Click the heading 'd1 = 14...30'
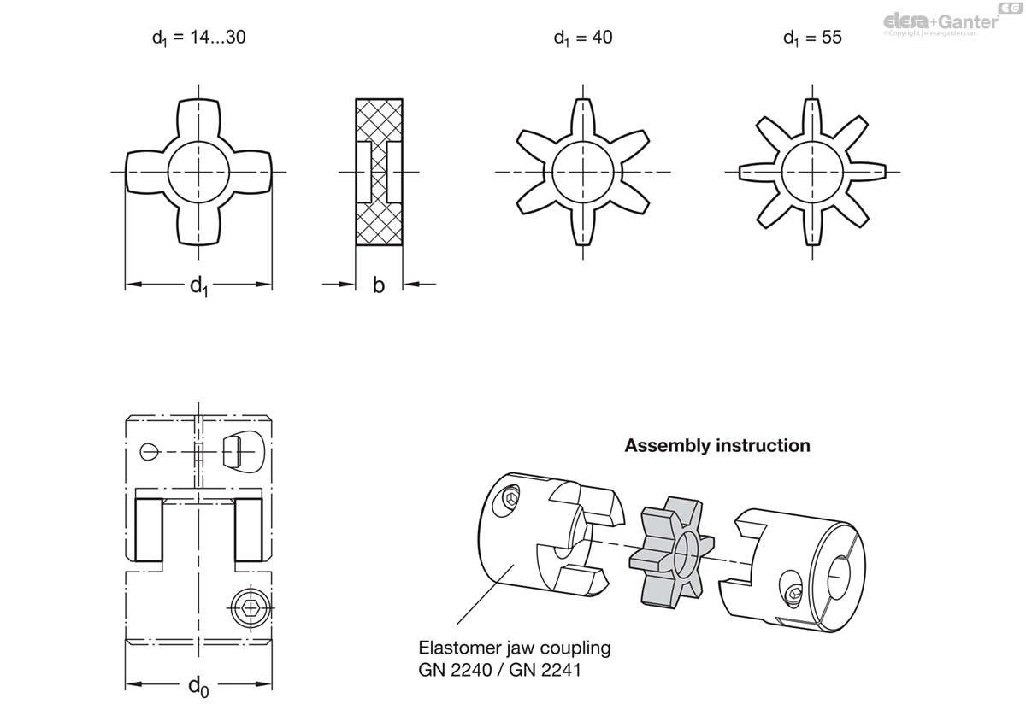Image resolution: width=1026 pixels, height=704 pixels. point(198,38)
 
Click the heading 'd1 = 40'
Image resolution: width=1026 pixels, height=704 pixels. point(582,38)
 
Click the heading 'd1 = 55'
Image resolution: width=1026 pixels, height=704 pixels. point(812,38)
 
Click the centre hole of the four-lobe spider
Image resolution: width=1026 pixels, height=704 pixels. point(199,171)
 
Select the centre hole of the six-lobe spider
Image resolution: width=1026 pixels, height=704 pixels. point(582,171)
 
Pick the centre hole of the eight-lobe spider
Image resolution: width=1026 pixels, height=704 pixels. point(811,171)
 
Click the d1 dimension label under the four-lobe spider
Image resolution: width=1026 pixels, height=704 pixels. point(198,286)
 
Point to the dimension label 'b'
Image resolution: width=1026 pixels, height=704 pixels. point(379,285)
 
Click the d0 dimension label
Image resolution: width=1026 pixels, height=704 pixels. point(198,685)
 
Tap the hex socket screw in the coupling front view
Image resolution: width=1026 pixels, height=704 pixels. point(250,607)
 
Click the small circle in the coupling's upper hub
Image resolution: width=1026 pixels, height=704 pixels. point(148,451)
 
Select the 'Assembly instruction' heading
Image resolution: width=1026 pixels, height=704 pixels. point(717,445)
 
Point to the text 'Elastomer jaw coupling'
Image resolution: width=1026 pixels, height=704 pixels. point(515,648)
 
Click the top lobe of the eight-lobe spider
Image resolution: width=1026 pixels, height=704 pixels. point(811,115)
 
